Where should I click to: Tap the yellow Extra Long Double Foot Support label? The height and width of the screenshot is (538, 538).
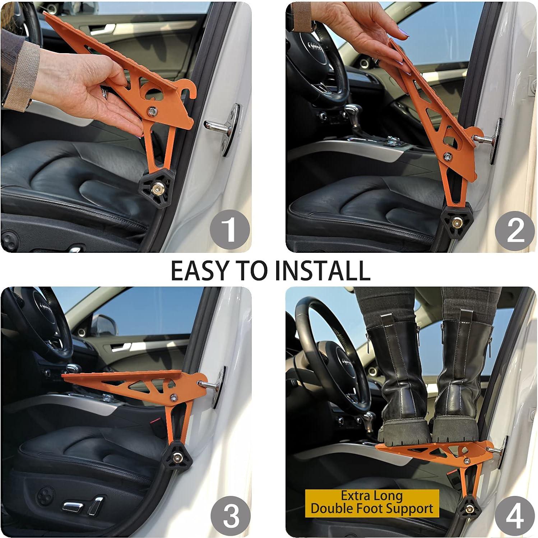pos(372,503)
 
